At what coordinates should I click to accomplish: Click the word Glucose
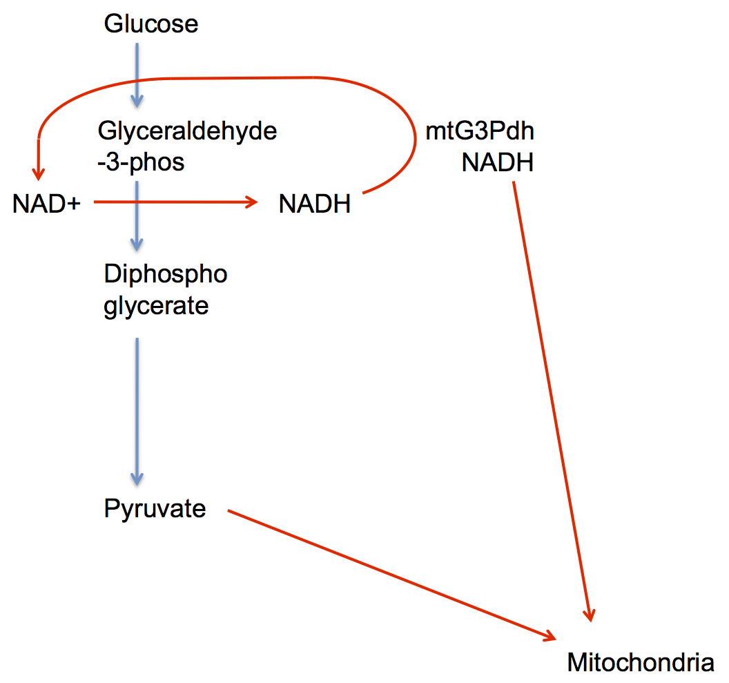pos(151,24)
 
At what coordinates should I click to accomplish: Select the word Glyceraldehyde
pos(188,130)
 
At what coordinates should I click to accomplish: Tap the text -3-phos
pos(142,162)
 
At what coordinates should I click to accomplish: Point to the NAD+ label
pos(46,204)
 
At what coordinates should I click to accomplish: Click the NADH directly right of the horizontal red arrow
pos(315,204)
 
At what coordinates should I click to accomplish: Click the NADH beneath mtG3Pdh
pos(498,163)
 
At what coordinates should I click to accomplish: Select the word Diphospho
pos(166,273)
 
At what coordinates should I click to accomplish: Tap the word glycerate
pos(156,306)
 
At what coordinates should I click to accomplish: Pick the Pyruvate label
pos(155,509)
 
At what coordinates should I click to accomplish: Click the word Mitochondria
pos(640,663)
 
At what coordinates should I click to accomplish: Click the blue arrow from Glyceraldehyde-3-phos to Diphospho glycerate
pos(137,214)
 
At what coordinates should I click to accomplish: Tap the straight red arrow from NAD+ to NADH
pos(173,202)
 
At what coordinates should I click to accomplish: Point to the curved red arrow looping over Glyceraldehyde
pos(228,77)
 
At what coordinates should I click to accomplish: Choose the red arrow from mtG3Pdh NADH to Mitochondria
pos(552,401)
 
